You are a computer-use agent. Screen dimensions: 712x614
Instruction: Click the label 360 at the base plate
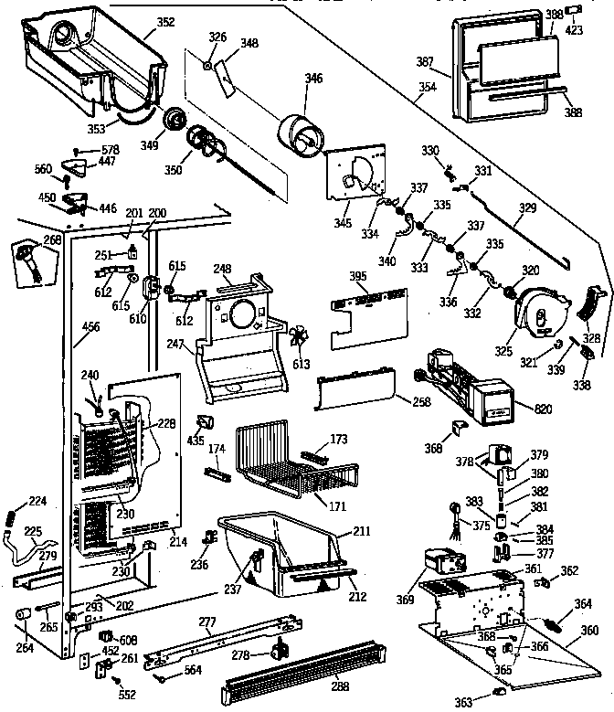click(589, 631)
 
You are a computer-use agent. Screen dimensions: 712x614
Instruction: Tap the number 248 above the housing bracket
click(222, 269)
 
